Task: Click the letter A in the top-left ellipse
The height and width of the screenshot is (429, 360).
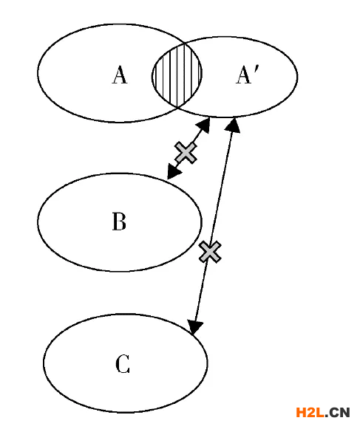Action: [x=120, y=75]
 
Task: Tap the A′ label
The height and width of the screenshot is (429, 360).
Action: [x=247, y=75]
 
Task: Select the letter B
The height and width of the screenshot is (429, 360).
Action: [x=120, y=222]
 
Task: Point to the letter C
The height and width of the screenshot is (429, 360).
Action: [x=123, y=364]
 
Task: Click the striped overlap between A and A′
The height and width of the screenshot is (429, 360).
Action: [x=177, y=75]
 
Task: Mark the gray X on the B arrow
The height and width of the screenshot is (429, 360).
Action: [x=186, y=153]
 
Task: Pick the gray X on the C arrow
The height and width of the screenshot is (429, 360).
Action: [x=210, y=252]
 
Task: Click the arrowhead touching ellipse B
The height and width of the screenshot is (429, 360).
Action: [x=173, y=172]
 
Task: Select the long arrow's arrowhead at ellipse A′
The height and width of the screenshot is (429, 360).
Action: [x=233, y=125]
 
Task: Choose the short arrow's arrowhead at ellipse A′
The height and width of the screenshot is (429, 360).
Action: [x=203, y=125]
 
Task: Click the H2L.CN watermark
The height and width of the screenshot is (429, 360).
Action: [x=323, y=412]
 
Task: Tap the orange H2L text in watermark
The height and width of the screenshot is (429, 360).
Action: [x=310, y=412]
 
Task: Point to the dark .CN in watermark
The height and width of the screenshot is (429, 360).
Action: [x=338, y=412]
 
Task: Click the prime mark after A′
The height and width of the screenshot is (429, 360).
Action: [x=256, y=69]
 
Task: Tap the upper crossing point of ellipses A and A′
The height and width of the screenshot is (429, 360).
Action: [x=185, y=44]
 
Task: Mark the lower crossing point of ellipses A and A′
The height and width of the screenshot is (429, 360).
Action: [x=177, y=107]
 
